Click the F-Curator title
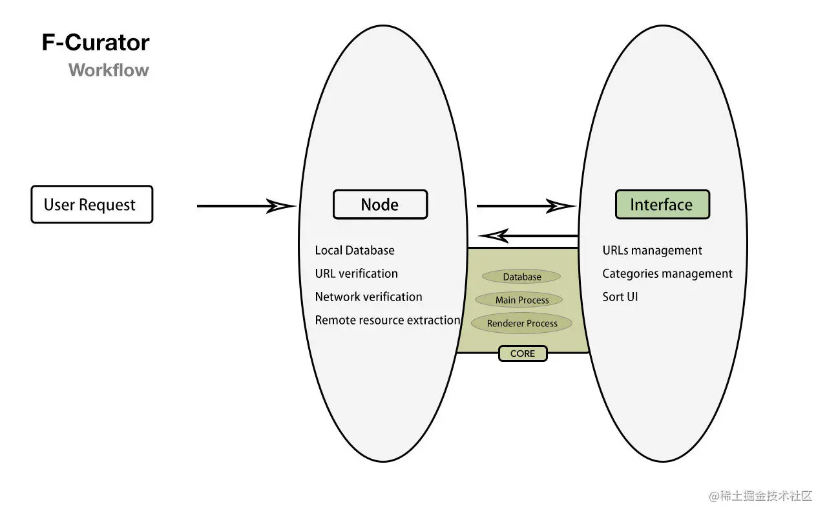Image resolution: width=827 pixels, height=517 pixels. [x=96, y=42]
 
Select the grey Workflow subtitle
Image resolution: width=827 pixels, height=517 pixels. [x=109, y=70]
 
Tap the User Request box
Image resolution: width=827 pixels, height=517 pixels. [x=92, y=204]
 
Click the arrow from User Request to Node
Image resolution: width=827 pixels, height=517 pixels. [x=246, y=206]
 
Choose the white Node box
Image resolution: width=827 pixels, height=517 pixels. [x=381, y=205]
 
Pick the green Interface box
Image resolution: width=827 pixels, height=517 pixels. [x=662, y=205]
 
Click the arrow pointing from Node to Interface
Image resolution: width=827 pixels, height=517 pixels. [x=526, y=206]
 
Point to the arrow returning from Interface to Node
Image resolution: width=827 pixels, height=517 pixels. [x=528, y=236]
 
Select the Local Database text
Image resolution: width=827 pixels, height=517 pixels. [x=355, y=250]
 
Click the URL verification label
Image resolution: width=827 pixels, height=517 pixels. [x=356, y=273]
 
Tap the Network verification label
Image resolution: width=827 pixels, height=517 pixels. [x=368, y=297]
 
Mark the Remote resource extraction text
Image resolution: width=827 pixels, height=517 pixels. [x=387, y=320]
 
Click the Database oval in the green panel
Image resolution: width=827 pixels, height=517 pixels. [x=521, y=277]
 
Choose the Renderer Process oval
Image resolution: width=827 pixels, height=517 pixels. [x=521, y=323]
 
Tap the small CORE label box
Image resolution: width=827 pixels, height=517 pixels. [x=523, y=353]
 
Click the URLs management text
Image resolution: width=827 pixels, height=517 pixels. [x=652, y=250]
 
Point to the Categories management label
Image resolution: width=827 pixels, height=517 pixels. [x=667, y=273]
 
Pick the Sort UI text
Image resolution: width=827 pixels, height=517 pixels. [x=620, y=297]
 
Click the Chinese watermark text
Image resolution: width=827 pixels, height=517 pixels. [x=760, y=496]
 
